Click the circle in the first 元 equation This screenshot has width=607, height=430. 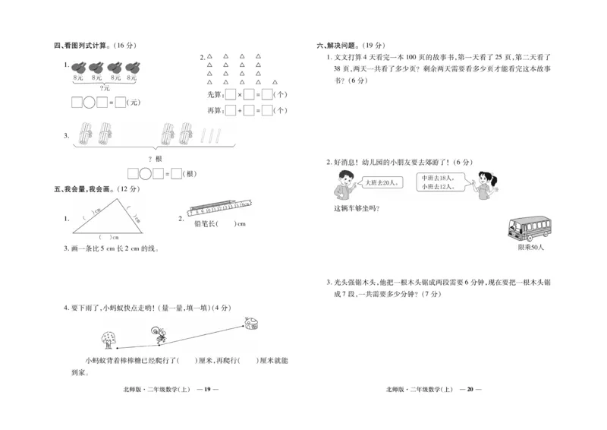(90, 103)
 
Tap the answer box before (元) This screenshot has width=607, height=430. (120, 103)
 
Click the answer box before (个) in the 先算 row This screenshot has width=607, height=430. (266, 95)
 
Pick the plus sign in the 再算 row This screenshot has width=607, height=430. (241, 111)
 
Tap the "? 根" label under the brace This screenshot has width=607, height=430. (155, 159)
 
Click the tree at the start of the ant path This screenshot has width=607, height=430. (108, 337)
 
